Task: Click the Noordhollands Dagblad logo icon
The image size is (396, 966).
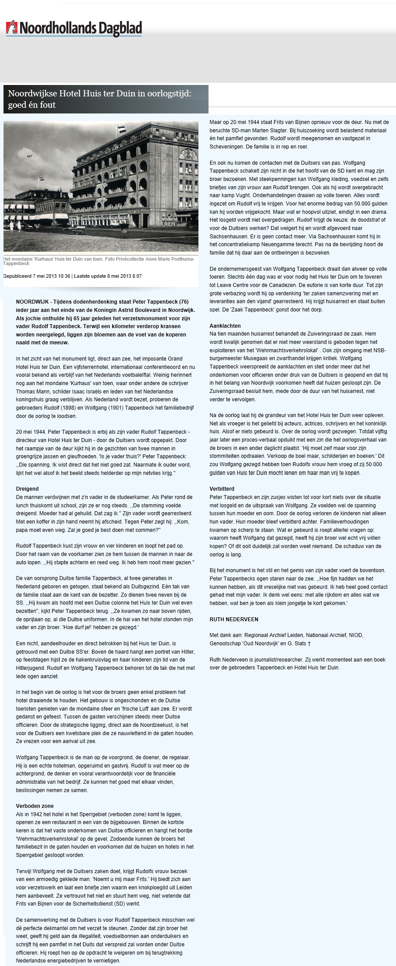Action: pos(10,28)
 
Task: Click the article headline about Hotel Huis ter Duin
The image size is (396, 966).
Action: pos(106,99)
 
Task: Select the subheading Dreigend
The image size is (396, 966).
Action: pos(27,488)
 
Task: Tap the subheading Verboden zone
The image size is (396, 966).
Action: pos(35,806)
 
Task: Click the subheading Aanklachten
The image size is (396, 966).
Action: pos(225,326)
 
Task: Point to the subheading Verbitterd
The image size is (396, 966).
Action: pos(223,488)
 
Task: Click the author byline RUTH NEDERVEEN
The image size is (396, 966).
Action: pos(233,619)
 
